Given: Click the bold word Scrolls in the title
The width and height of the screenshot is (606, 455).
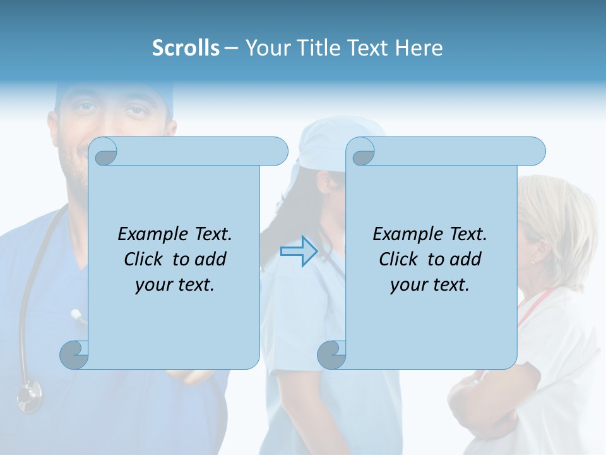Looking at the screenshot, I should [x=186, y=48].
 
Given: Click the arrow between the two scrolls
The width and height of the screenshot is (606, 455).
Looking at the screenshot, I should [x=299, y=251].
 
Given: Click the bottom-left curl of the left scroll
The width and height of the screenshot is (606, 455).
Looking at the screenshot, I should [x=74, y=355].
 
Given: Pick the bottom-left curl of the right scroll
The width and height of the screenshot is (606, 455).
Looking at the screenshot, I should [x=331, y=355].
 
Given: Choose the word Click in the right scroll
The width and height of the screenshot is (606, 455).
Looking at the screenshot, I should [x=398, y=259].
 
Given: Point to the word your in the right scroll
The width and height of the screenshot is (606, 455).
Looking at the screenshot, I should [x=408, y=285].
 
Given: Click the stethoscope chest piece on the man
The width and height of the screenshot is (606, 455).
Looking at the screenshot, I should [x=29, y=396].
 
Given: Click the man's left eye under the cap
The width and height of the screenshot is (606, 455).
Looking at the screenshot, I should [x=134, y=111].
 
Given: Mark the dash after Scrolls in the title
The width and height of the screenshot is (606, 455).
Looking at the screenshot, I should [x=232, y=48].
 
